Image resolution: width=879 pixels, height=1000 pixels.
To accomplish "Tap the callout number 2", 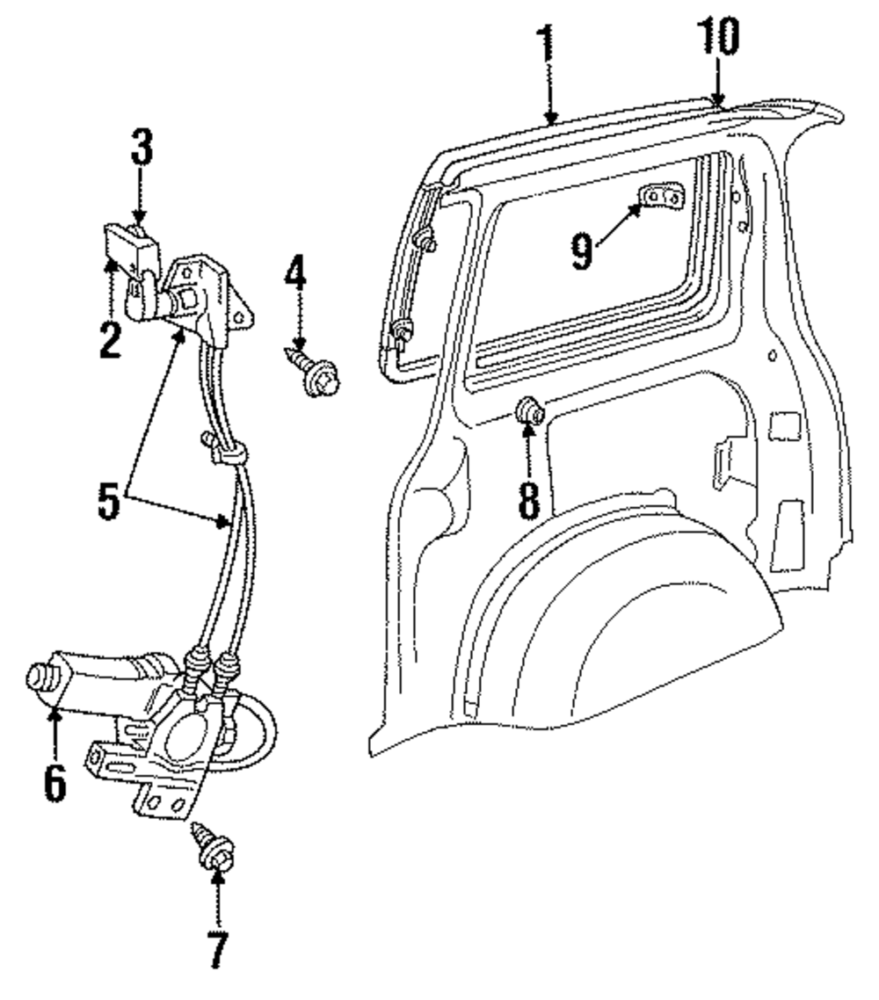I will click(x=109, y=339).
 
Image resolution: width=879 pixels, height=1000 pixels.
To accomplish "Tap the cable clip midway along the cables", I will click(x=227, y=451).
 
